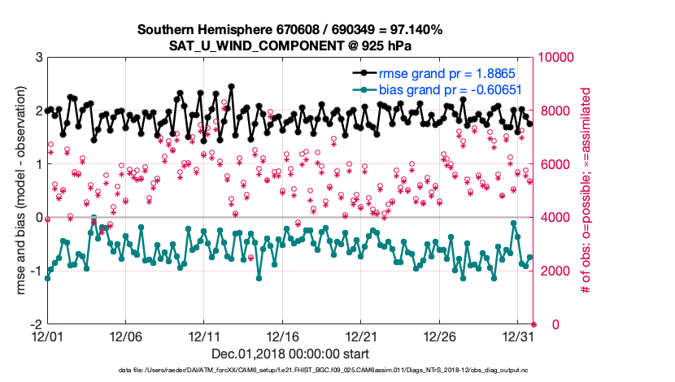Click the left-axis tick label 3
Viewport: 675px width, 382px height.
[x=38, y=58]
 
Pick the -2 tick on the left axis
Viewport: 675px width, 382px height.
[x=36, y=324]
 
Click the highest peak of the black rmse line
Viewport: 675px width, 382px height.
[x=232, y=85]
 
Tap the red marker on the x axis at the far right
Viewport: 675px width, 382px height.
[x=533, y=324]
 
